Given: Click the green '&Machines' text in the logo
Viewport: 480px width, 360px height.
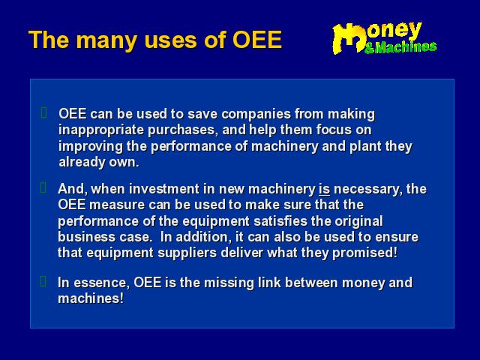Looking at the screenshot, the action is tap(400, 47).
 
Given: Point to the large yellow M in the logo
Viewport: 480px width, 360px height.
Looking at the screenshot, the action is tap(349, 38).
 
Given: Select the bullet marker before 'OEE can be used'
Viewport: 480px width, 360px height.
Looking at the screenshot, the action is tap(43, 112).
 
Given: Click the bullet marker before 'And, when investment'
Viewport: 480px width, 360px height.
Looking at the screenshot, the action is tap(43, 187).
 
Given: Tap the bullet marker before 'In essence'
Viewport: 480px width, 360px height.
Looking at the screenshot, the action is tap(43, 281).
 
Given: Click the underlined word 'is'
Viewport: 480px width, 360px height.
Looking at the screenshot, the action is tap(324, 189).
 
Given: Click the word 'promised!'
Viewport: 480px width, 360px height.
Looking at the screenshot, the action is tap(365, 253).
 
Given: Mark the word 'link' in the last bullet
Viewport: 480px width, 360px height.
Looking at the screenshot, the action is tap(269, 283).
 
